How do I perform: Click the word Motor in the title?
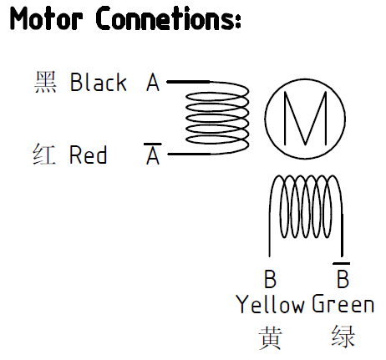[x=46, y=18]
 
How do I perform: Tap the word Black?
[x=99, y=82]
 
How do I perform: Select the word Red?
[x=88, y=155]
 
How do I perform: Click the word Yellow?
[x=270, y=305]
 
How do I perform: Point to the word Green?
[x=343, y=304]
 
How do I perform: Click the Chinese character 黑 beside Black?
[x=45, y=82]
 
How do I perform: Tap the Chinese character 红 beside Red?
[x=44, y=155]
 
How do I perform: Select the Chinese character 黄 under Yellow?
[x=271, y=337]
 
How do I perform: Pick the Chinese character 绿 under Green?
[x=343, y=337]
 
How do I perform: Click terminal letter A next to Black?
[x=153, y=82]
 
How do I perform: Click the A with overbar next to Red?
[x=153, y=154]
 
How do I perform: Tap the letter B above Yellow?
[x=270, y=279]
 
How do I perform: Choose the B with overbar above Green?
[x=343, y=275]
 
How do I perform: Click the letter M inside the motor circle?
[x=306, y=119]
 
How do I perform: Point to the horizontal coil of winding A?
[x=249, y=118]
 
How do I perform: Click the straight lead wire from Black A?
[x=188, y=82]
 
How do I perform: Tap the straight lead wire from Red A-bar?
[x=190, y=154]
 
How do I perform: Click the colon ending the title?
[x=237, y=22]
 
